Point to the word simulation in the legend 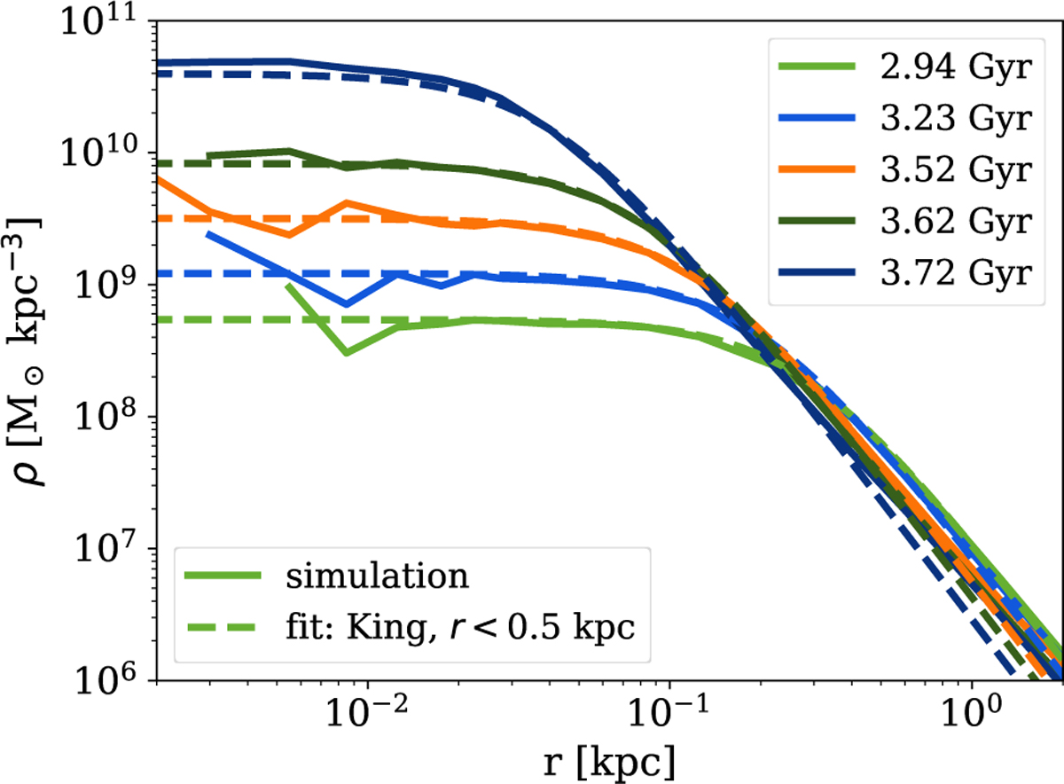376,577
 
